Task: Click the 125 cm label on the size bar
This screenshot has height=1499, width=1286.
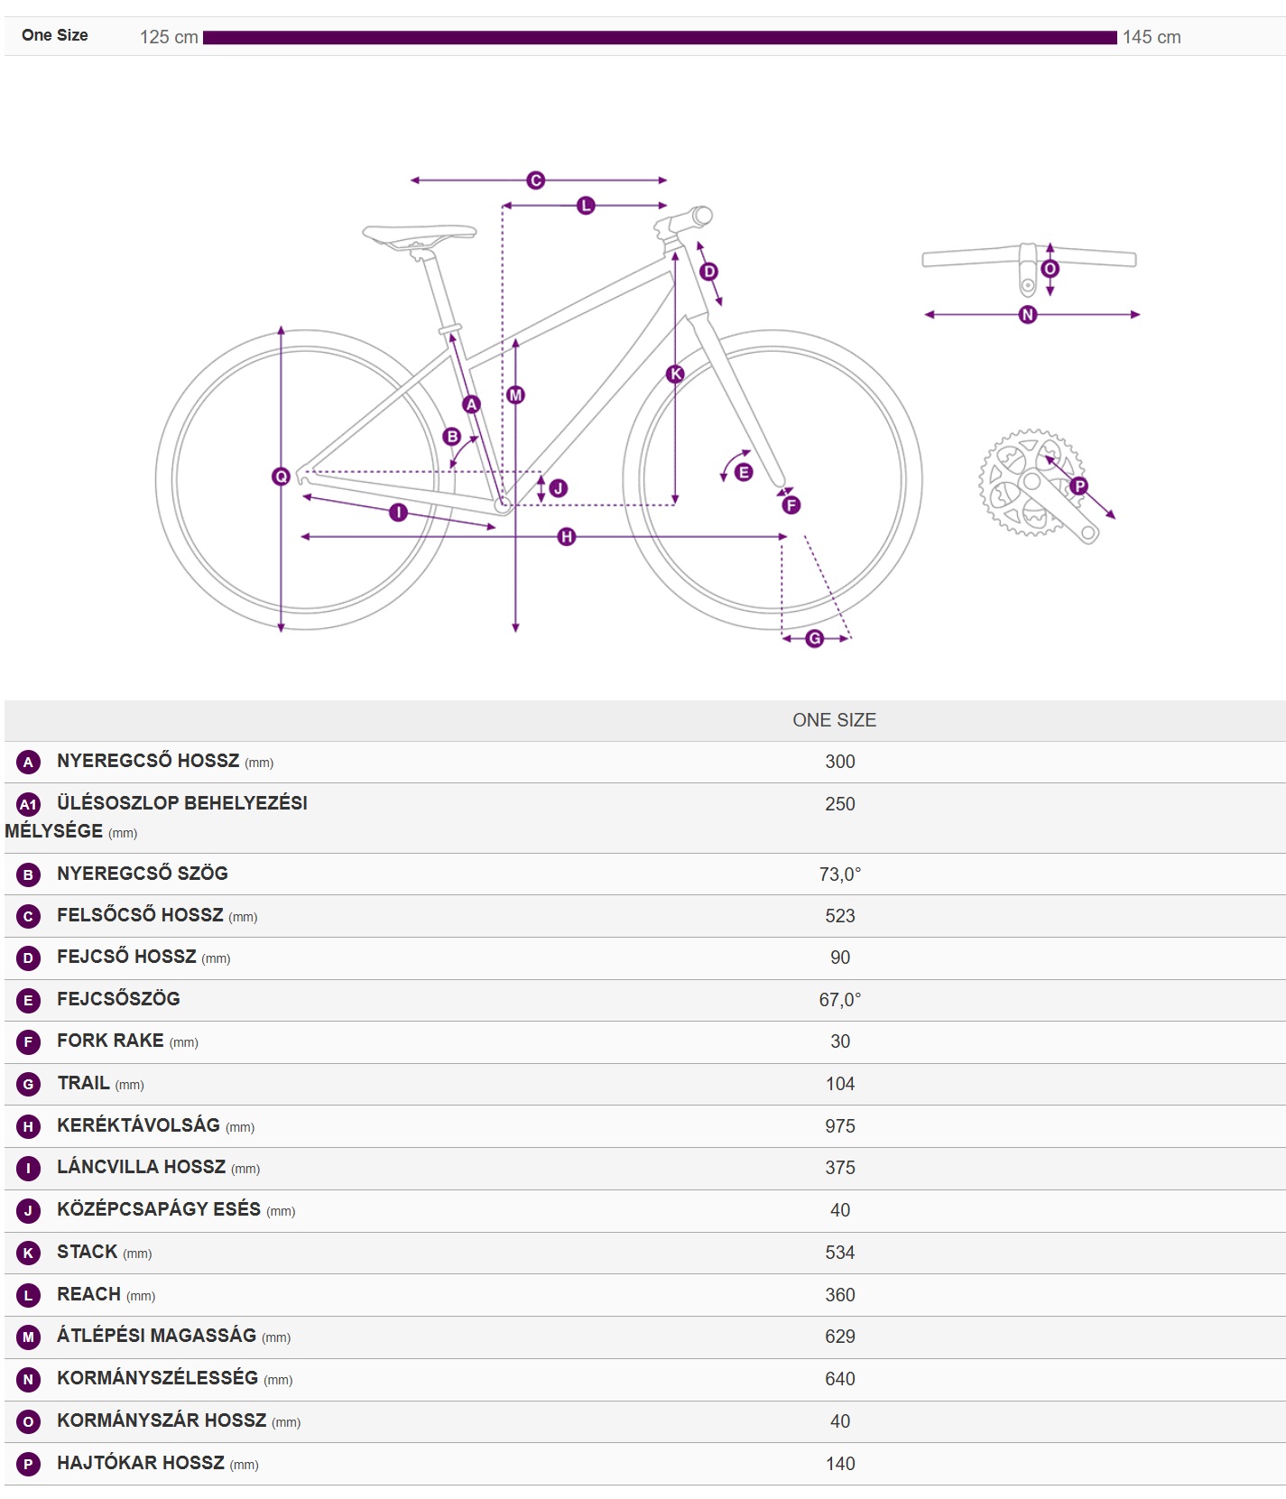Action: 169,37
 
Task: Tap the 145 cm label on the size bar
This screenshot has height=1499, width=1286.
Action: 1152,37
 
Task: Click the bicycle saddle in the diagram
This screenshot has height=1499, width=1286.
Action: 420,236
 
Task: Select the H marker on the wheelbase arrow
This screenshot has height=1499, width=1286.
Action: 567,537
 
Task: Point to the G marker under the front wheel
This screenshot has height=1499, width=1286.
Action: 815,639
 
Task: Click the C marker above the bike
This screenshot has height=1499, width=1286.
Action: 536,180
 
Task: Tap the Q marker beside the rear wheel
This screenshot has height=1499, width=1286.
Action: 281,477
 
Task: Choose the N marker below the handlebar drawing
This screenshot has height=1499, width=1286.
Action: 1028,315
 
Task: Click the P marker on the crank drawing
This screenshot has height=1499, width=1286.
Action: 1079,486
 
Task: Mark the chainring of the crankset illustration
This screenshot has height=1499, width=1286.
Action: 1030,482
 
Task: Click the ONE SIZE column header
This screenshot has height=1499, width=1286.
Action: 835,720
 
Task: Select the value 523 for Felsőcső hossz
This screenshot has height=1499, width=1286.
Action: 840,916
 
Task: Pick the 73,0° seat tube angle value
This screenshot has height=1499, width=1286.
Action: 840,874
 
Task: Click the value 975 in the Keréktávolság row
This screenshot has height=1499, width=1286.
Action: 840,1126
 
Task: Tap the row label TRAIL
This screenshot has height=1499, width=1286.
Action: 83,1083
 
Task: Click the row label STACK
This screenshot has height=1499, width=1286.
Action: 88,1252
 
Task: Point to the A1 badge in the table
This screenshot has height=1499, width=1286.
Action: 29,804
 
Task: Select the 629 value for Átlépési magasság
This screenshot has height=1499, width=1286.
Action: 840,1337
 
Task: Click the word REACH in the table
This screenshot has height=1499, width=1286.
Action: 88,1294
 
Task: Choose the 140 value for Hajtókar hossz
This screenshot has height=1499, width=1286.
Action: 840,1464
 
